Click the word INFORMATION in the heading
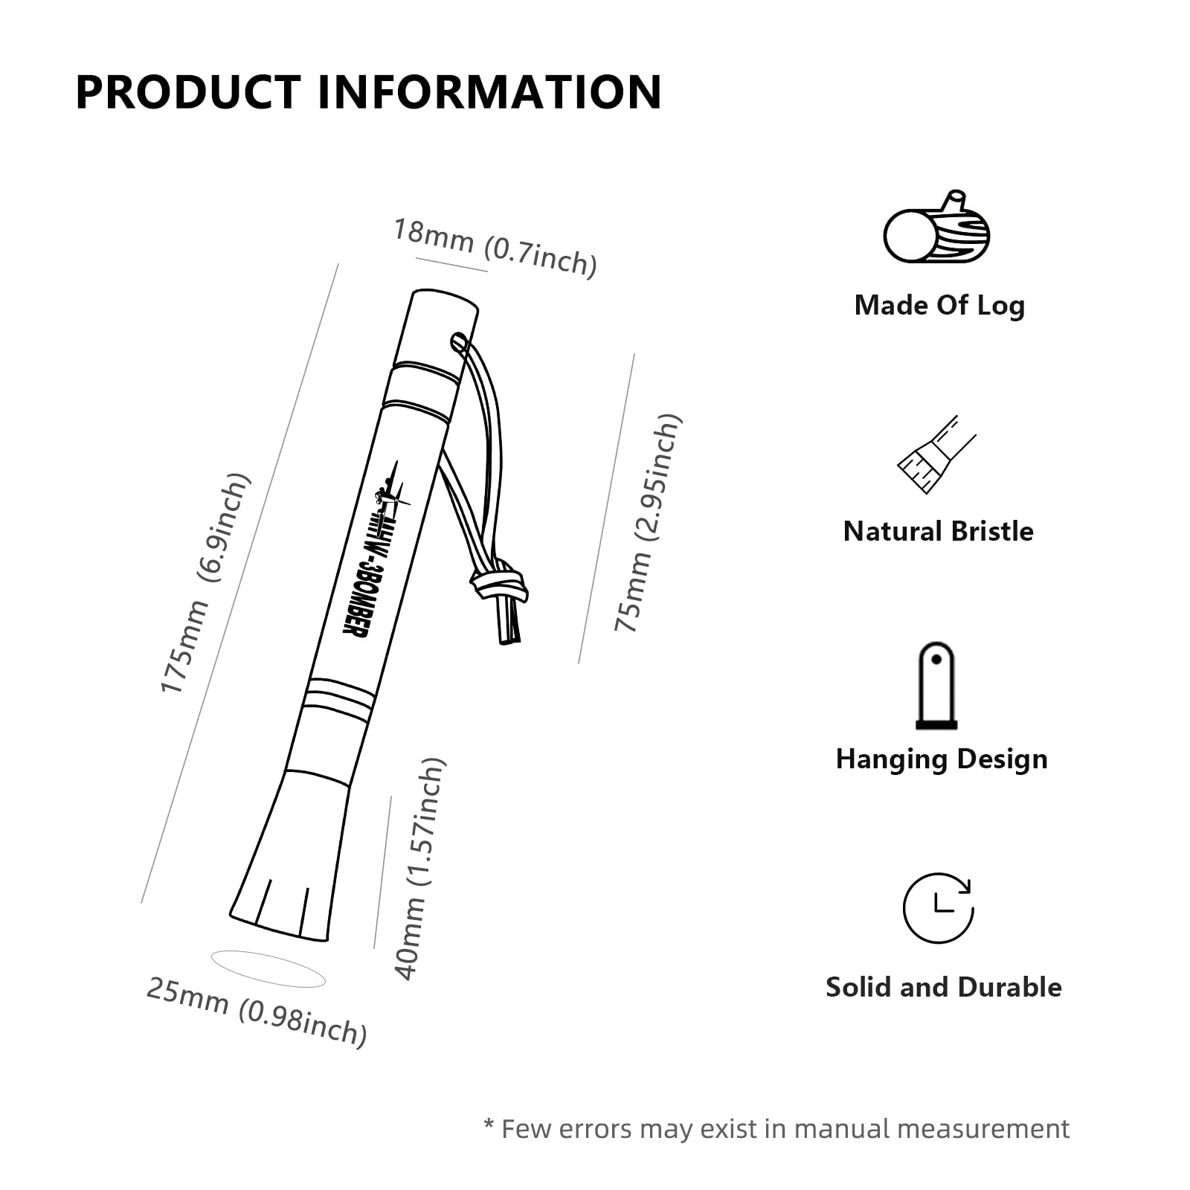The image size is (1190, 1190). pyautogui.click(x=490, y=92)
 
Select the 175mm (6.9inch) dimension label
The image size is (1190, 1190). pyautogui.click(x=205, y=583)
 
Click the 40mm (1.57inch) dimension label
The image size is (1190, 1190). pyautogui.click(x=419, y=869)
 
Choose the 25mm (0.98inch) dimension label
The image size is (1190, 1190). pyautogui.click(x=257, y=1012)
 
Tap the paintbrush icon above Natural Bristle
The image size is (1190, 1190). pyautogui.click(x=936, y=454)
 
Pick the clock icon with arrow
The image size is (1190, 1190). pyautogui.click(x=938, y=908)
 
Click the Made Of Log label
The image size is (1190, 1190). pyautogui.click(x=939, y=306)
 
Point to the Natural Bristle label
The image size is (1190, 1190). pyautogui.click(x=938, y=531)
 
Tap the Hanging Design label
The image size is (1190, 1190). pyautogui.click(x=942, y=759)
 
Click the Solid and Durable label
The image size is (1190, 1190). pyautogui.click(x=944, y=987)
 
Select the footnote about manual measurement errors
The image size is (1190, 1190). pyautogui.click(x=776, y=1129)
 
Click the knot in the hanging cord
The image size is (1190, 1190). pyautogui.click(x=500, y=579)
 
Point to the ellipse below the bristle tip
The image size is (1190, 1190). pyautogui.click(x=268, y=968)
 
